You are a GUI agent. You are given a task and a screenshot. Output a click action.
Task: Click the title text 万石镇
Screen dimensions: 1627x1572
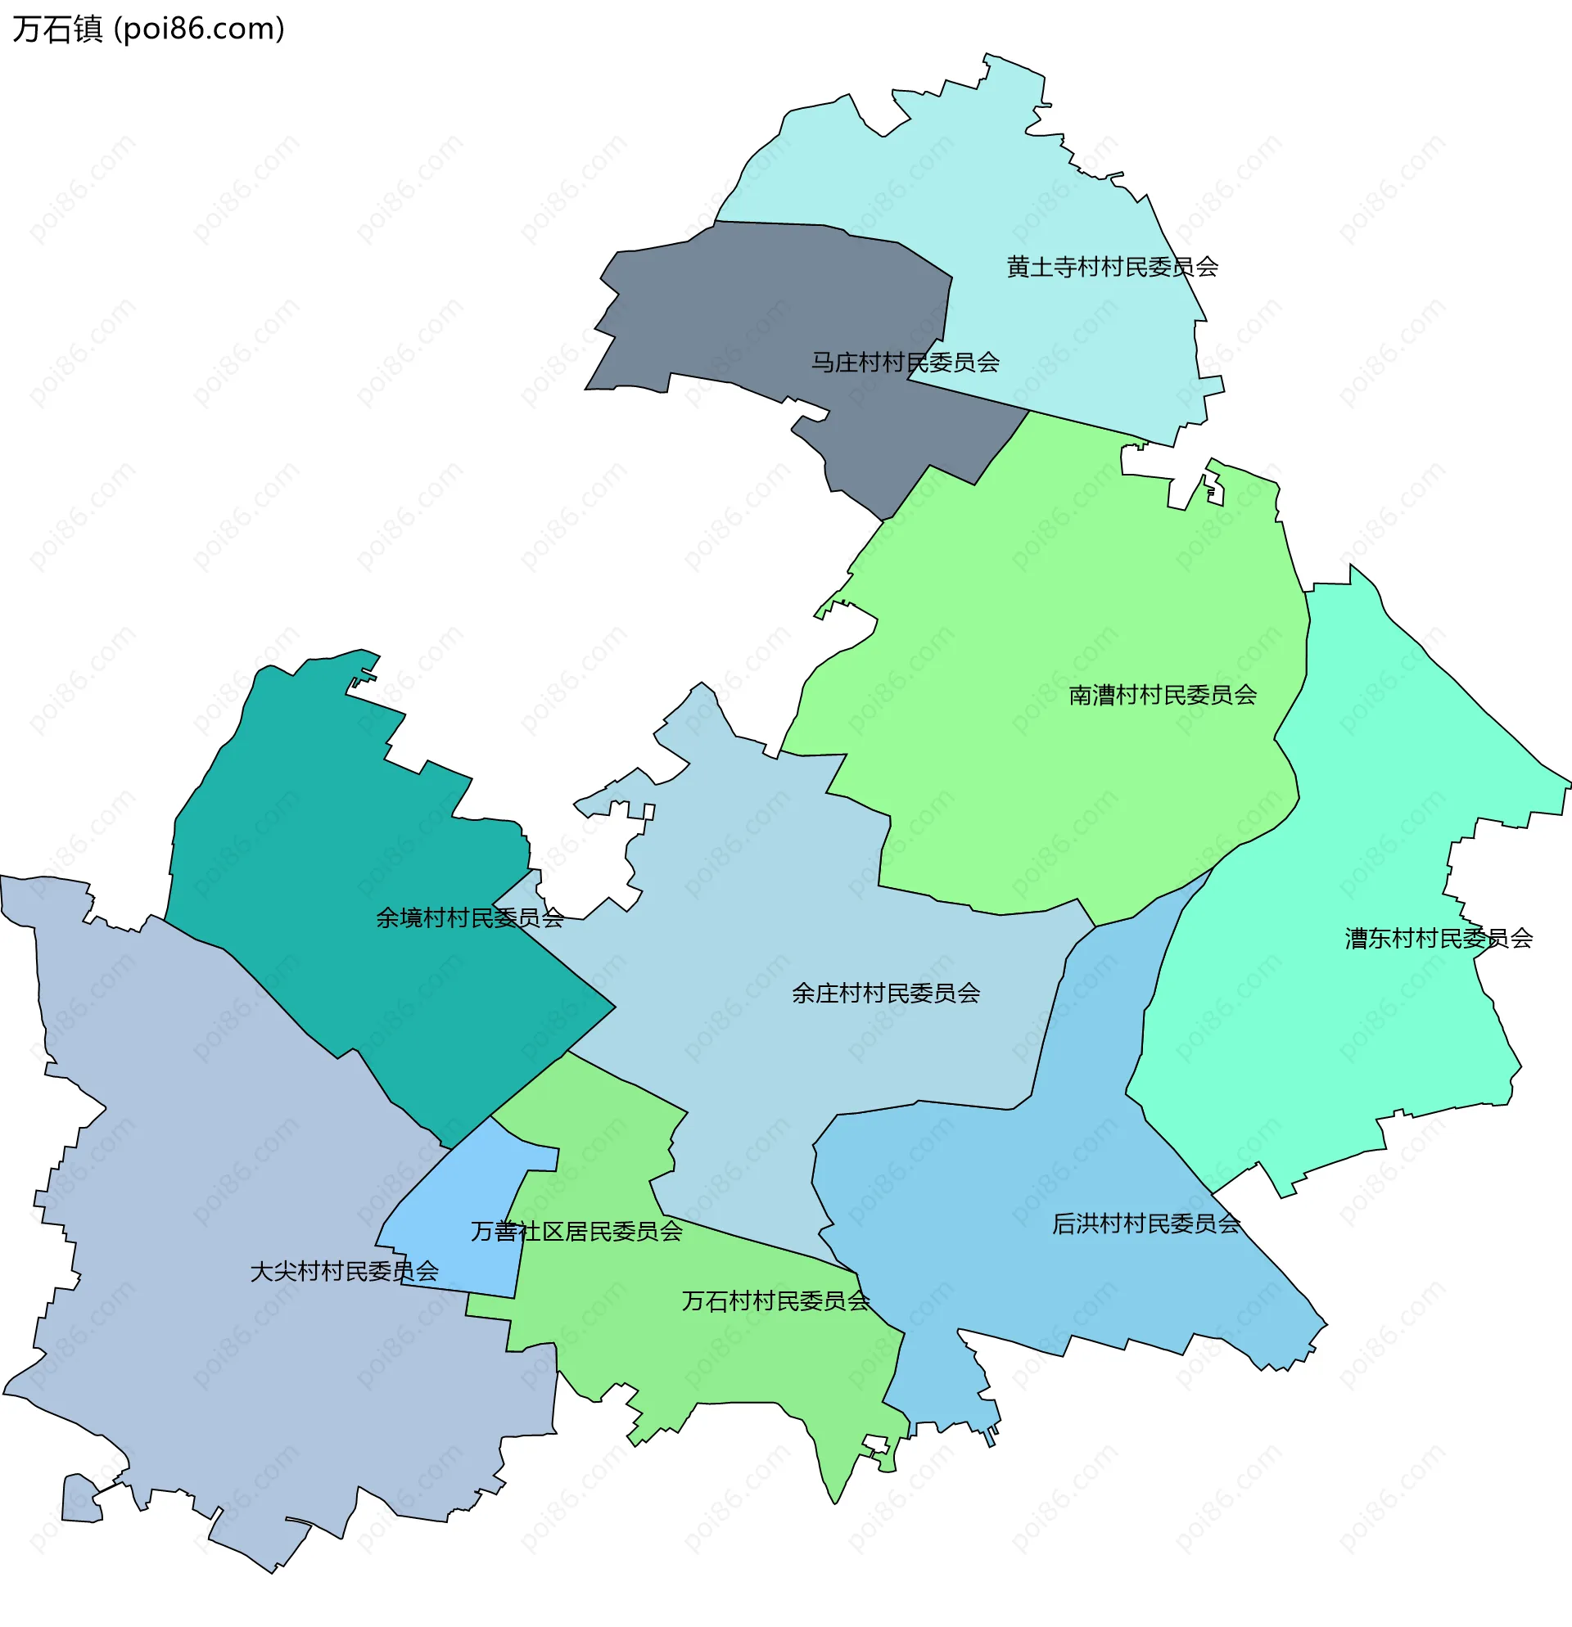coord(57,29)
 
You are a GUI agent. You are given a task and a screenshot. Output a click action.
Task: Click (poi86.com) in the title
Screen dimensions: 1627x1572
coord(199,29)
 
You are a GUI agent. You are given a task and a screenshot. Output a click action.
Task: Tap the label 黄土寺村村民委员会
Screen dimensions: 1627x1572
coord(1112,268)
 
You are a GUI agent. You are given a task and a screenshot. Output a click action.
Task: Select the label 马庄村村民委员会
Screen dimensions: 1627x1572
coord(906,363)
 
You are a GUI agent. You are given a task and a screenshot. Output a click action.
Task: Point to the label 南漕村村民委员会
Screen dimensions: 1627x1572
coord(1163,696)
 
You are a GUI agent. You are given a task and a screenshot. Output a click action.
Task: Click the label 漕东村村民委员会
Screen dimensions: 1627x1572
coord(1439,939)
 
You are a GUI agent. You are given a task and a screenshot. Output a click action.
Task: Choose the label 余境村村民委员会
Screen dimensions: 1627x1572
coord(470,918)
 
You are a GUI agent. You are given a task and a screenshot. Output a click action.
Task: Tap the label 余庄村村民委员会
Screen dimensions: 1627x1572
coord(885,994)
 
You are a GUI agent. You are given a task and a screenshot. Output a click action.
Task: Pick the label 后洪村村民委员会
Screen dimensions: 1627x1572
coord(1146,1224)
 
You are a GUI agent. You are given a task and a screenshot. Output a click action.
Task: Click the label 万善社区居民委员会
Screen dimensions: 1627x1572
coord(576,1232)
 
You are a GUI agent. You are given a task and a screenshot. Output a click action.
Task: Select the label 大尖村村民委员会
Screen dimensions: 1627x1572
coord(344,1272)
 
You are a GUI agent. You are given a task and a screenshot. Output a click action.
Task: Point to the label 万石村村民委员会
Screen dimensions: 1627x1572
coord(775,1301)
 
